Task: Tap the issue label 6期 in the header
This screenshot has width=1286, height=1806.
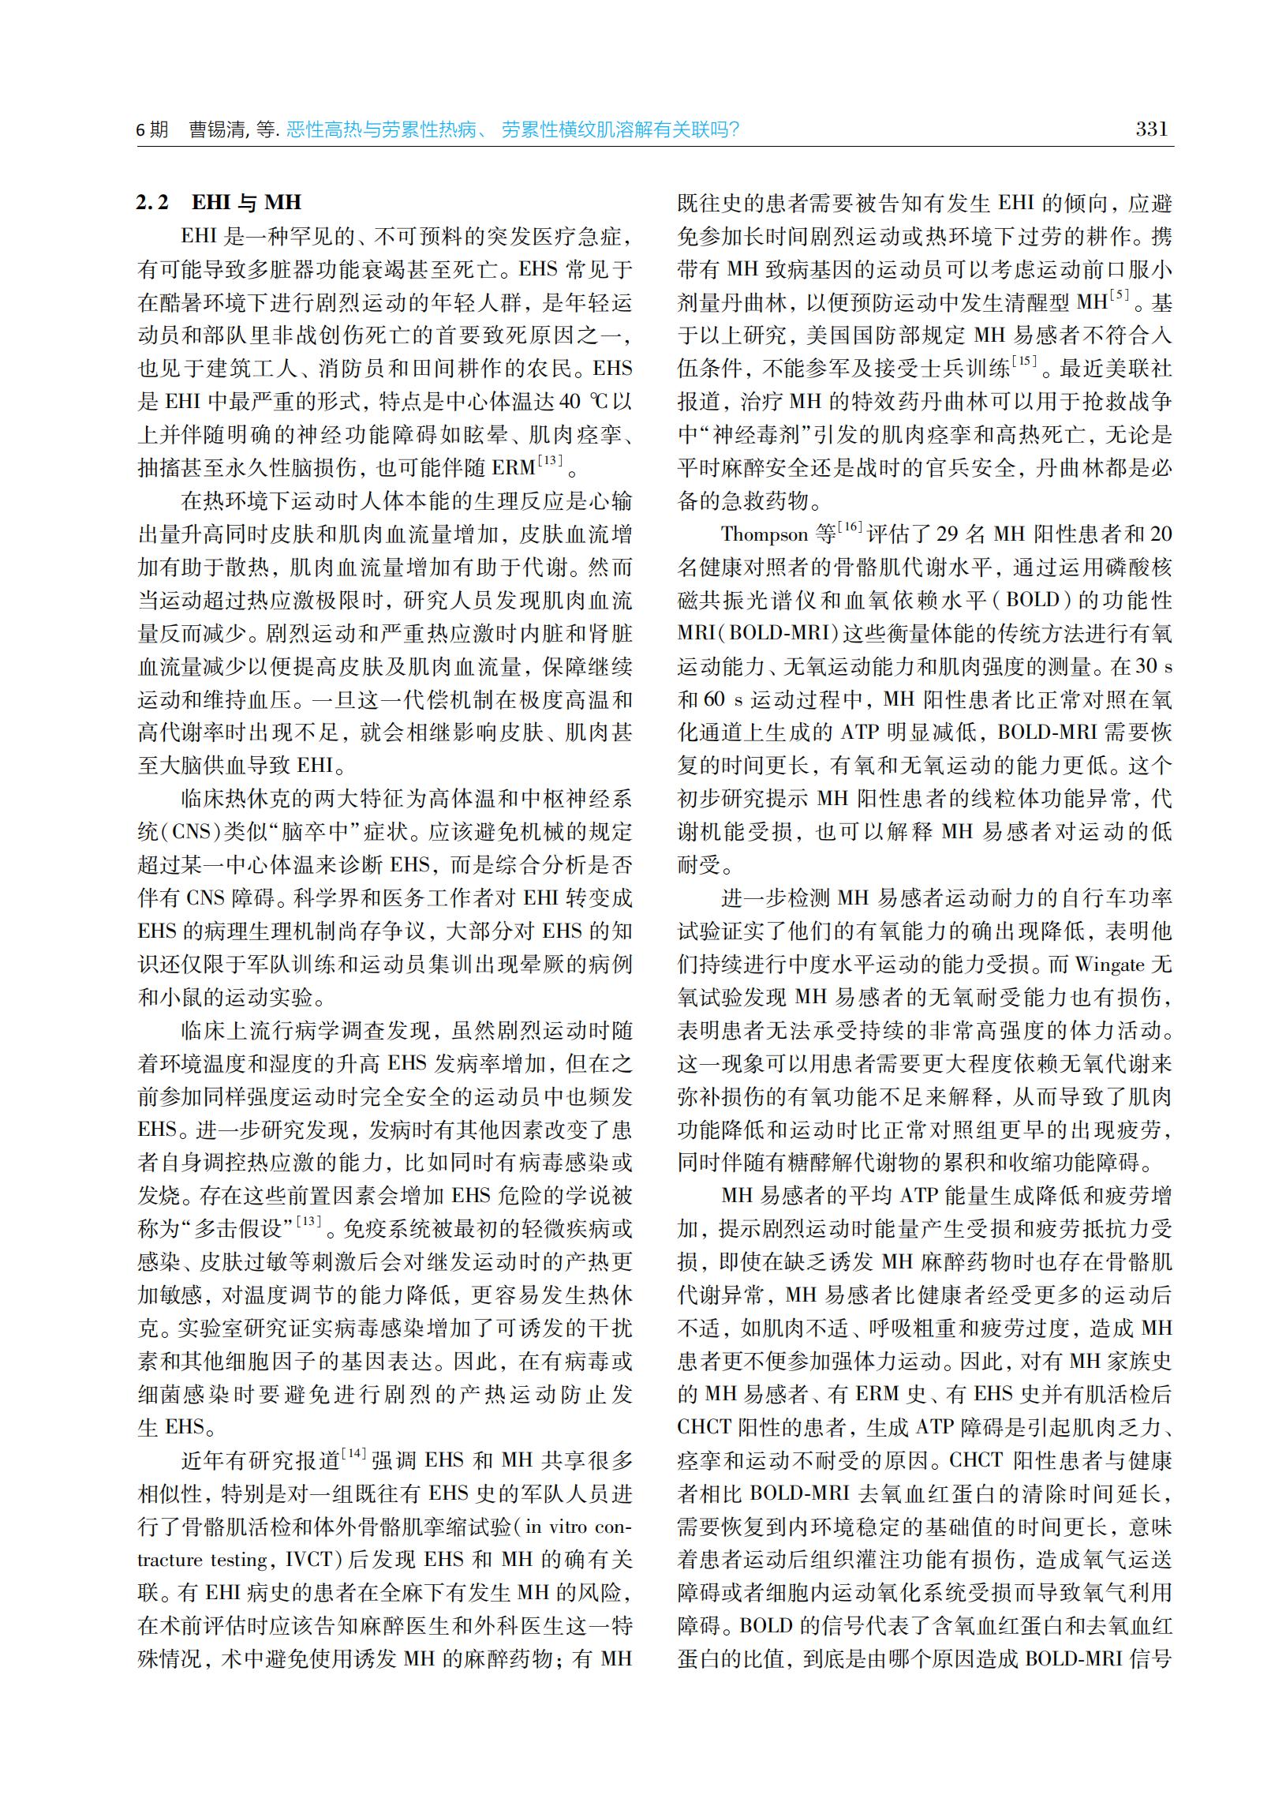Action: pyautogui.click(x=153, y=130)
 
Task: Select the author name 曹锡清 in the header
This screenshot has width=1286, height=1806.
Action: pyautogui.click(x=216, y=130)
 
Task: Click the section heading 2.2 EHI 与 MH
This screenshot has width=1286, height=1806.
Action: pyautogui.click(x=219, y=203)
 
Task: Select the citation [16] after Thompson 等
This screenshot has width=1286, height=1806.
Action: pyautogui.click(x=850, y=526)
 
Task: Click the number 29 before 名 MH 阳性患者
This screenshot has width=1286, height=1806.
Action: pyautogui.click(x=948, y=534)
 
